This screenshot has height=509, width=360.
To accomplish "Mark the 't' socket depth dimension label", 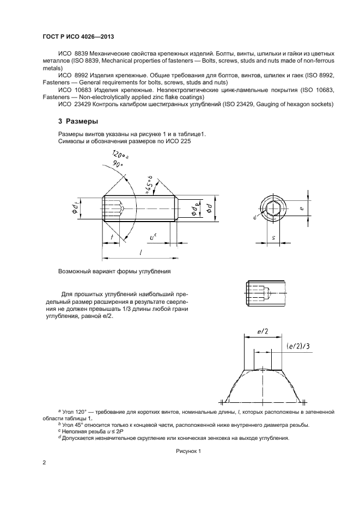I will point(111,237).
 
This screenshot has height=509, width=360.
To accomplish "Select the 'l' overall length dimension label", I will point(140,252).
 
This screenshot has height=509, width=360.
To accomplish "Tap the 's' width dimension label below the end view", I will point(272,237).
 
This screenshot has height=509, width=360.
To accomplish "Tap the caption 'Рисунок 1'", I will point(188,451).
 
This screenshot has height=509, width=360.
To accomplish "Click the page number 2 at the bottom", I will point(44,463).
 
